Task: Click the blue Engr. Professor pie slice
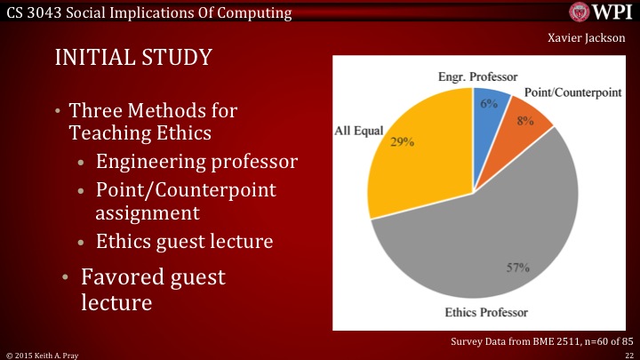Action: point(491,108)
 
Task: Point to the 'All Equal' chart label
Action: point(358,131)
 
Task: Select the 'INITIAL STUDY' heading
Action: point(133,58)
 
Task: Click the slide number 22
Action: point(628,354)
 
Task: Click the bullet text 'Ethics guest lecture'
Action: point(186,241)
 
